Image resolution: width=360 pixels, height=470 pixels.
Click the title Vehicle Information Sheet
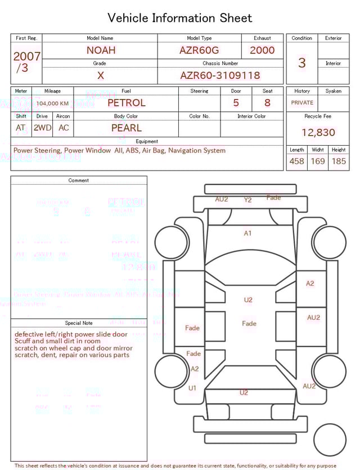[180, 18]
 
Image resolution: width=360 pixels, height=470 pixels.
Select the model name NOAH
[101, 50]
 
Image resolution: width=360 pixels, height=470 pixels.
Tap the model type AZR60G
[199, 50]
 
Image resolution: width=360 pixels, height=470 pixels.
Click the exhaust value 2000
[262, 50]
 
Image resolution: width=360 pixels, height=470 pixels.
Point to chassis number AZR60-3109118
[220, 75]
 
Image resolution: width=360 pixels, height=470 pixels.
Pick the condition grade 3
[301, 62]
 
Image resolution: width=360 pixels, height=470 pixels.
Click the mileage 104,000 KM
[52, 104]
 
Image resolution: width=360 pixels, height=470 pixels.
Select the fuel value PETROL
[126, 102]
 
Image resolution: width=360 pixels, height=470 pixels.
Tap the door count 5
[236, 103]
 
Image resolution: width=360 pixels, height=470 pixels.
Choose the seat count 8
[267, 103]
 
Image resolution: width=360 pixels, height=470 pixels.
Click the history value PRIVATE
[302, 103]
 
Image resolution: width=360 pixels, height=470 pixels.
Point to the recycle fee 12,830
[318, 133]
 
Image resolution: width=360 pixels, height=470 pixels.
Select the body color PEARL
[126, 128]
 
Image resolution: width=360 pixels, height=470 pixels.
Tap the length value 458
[296, 161]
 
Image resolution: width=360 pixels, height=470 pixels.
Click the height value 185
[339, 161]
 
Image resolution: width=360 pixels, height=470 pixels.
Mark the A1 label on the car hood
[247, 233]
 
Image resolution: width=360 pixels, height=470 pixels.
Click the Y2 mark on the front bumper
[247, 200]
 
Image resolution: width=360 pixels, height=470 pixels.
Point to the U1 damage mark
[192, 388]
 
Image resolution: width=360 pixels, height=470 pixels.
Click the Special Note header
[79, 323]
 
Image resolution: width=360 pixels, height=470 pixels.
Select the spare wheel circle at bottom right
[330, 439]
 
